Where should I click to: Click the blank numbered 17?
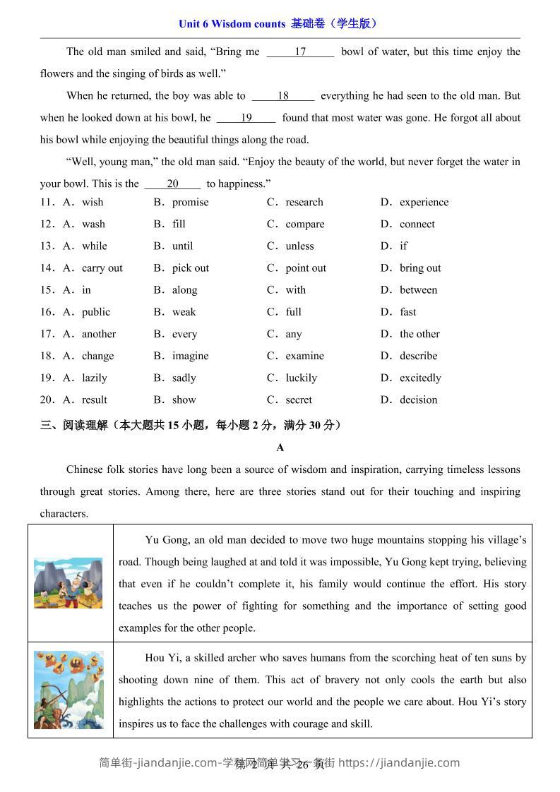point(300,52)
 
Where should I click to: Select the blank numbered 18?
point(283,96)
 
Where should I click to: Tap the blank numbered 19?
point(246,118)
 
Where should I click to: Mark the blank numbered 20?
point(173,184)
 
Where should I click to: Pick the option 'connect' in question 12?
point(417,224)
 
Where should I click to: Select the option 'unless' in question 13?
point(299,246)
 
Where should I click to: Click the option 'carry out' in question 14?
point(102,268)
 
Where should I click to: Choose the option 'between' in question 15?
point(418,290)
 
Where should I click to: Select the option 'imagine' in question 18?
point(190,356)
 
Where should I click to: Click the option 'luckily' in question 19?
point(301,378)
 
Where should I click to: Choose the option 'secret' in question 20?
point(299,400)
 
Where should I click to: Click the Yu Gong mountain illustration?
point(68,583)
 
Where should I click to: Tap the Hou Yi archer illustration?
point(68,690)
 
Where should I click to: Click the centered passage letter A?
point(280,448)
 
